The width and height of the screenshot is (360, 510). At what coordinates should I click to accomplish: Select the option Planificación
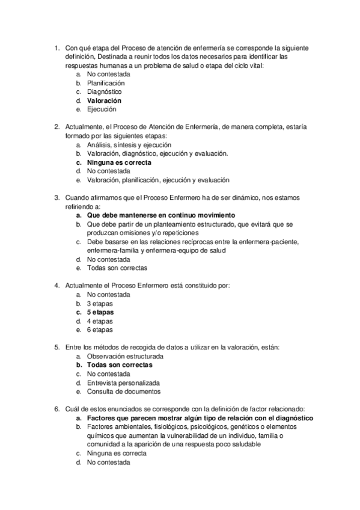(106, 83)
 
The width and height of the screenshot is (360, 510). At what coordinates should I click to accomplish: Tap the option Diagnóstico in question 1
(104, 92)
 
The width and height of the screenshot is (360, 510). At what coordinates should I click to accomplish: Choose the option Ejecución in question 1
(102, 109)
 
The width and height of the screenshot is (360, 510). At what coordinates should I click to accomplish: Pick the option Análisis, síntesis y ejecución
(129, 145)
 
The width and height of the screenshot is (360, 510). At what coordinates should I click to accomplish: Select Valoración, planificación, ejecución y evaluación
(158, 180)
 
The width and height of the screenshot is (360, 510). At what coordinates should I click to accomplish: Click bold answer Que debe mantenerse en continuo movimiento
(161, 215)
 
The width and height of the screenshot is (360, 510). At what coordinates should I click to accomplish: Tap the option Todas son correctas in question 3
(117, 268)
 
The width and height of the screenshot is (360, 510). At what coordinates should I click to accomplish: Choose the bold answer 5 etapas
(100, 313)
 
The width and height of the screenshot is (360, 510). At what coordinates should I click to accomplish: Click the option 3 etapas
(100, 304)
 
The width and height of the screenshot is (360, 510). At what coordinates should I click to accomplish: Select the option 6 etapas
(100, 330)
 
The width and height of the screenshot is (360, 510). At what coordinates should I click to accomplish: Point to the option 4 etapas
(100, 321)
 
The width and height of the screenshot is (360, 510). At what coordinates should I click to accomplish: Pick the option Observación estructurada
(125, 357)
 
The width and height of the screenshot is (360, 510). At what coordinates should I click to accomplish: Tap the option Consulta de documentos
(124, 392)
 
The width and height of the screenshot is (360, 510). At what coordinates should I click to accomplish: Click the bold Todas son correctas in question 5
(120, 365)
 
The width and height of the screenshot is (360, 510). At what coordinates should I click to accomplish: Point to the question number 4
(56, 286)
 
